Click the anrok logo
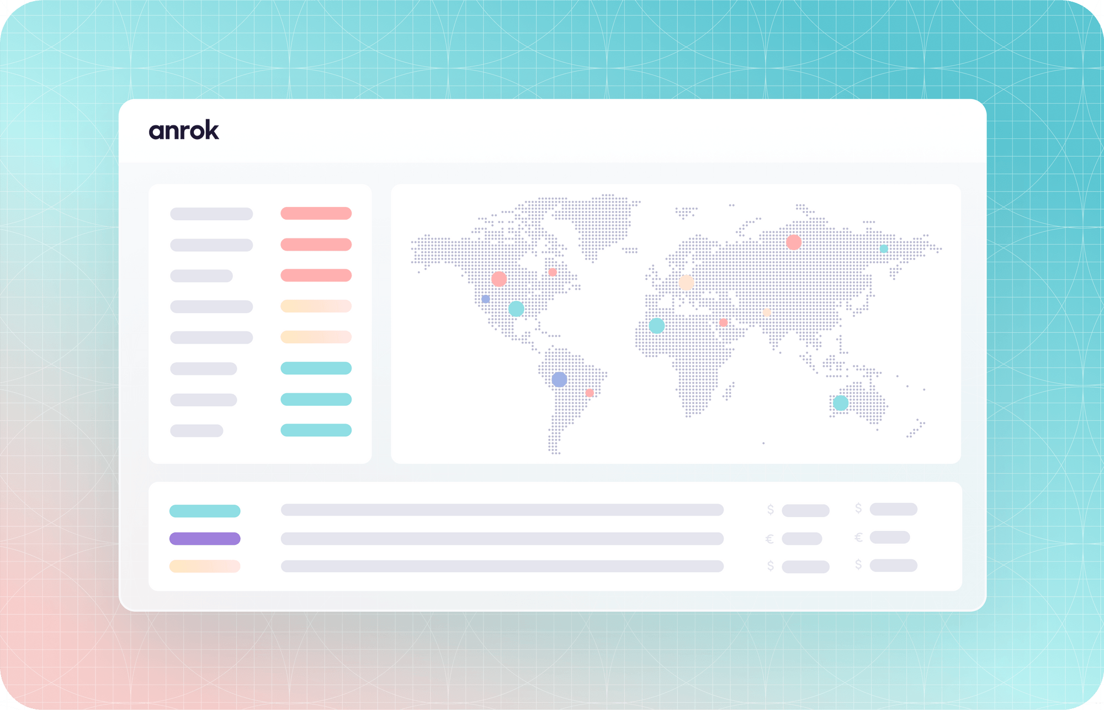click(184, 130)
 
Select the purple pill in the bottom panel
click(205, 538)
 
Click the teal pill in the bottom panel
click(205, 511)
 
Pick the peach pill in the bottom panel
click(205, 566)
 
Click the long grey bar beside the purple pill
click(502, 538)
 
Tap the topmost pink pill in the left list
click(316, 213)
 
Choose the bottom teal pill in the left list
click(316, 430)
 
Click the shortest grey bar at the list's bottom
click(197, 431)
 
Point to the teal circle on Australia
click(840, 403)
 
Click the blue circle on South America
click(559, 379)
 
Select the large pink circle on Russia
click(794, 242)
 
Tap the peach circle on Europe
click(686, 283)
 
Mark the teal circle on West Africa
click(656, 326)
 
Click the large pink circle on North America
click(499, 279)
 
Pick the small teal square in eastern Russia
click(884, 249)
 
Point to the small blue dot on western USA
click(486, 299)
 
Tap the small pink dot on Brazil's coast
click(590, 393)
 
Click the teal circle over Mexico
click(516, 309)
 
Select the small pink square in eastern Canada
click(553, 272)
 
